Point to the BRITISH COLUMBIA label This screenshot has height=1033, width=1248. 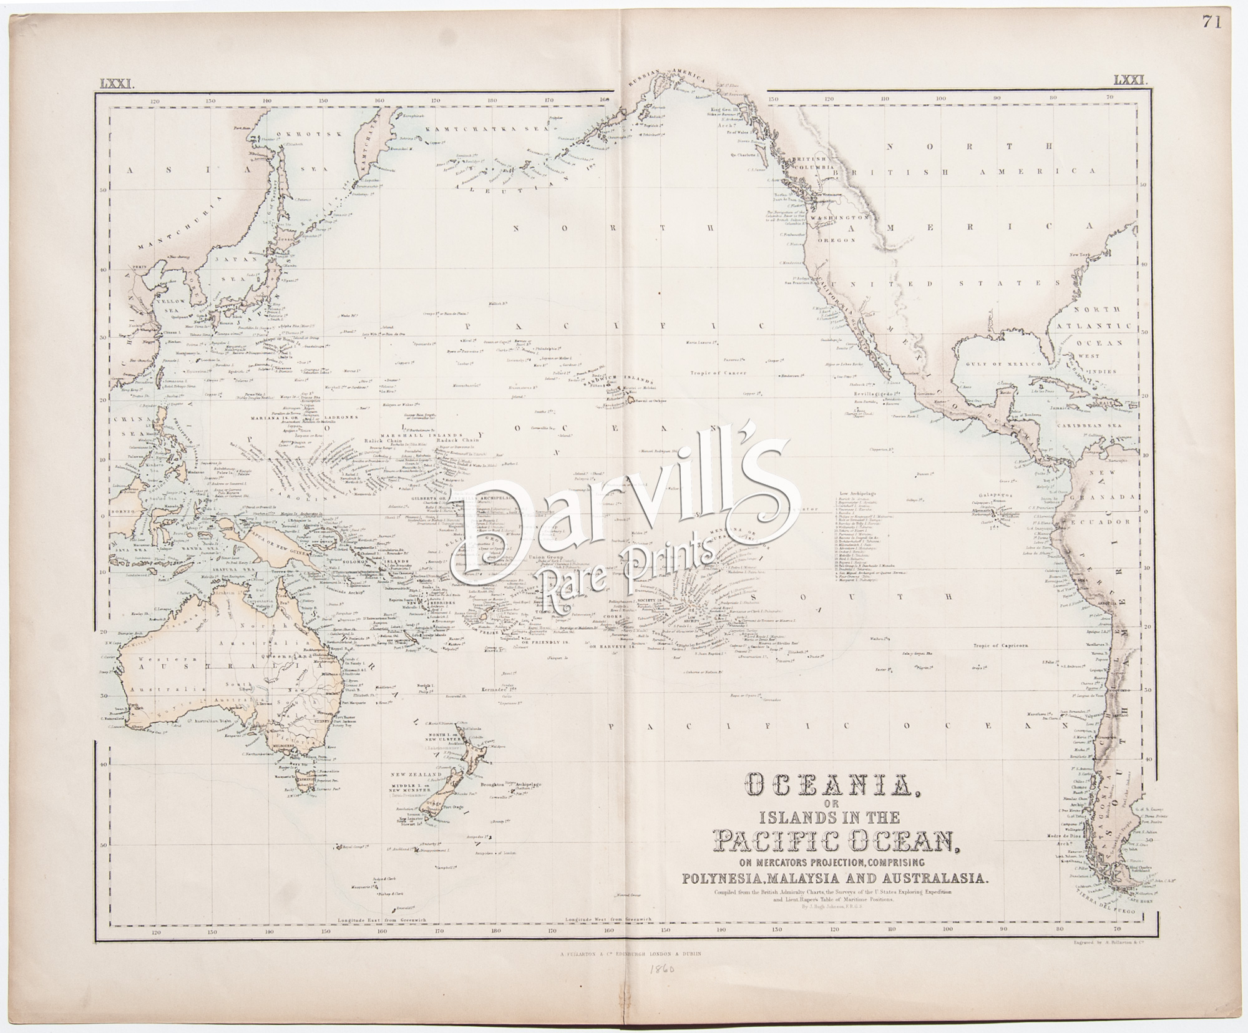click(812, 164)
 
